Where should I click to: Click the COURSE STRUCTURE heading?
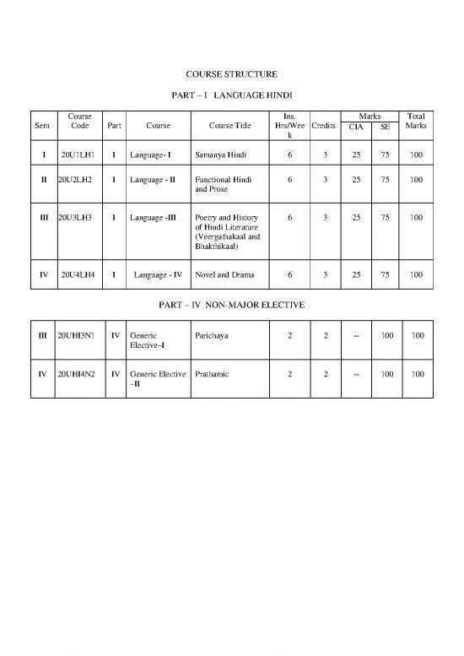[231, 74]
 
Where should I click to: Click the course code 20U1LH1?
[78, 155]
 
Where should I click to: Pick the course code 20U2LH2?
[77, 180]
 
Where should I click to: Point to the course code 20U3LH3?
[77, 218]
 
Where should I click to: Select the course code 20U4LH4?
[78, 274]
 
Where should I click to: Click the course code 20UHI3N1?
[77, 336]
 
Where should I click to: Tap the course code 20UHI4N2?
[77, 373]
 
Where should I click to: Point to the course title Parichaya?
[211, 336]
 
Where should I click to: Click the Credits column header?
[324, 126]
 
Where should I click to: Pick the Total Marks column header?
[416, 121]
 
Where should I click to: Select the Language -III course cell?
[153, 218]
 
